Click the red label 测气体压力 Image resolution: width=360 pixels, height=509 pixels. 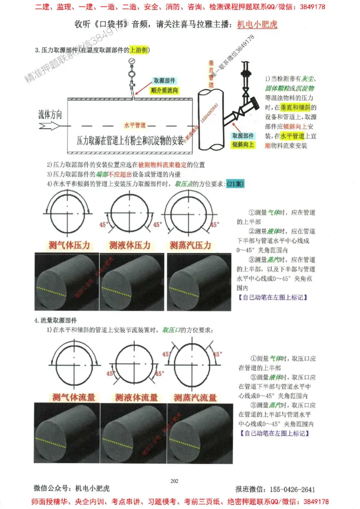pyautogui.click(x=69, y=246)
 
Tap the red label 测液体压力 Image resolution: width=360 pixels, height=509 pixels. pyautogui.click(x=130, y=246)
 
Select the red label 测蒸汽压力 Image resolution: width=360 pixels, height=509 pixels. pyautogui.click(x=190, y=246)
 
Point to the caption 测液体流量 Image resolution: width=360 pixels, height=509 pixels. pyautogui.click(x=136, y=397)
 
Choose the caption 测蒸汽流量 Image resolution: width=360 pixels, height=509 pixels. pyautogui.click(x=196, y=397)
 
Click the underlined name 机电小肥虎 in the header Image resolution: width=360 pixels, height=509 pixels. pyautogui.click(x=257, y=24)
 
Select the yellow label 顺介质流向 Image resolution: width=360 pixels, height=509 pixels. pyautogui.click(x=164, y=90)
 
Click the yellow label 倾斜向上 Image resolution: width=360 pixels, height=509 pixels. pyautogui.click(x=243, y=144)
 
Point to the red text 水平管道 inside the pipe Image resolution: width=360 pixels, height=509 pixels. pyautogui.click(x=135, y=125)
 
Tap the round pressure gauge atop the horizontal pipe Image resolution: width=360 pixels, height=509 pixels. pyautogui.click(x=132, y=62)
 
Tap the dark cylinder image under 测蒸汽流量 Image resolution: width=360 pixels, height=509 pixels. pyautogui.click(x=200, y=433)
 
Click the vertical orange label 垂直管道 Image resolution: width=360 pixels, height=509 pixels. pyautogui.click(x=211, y=74)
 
